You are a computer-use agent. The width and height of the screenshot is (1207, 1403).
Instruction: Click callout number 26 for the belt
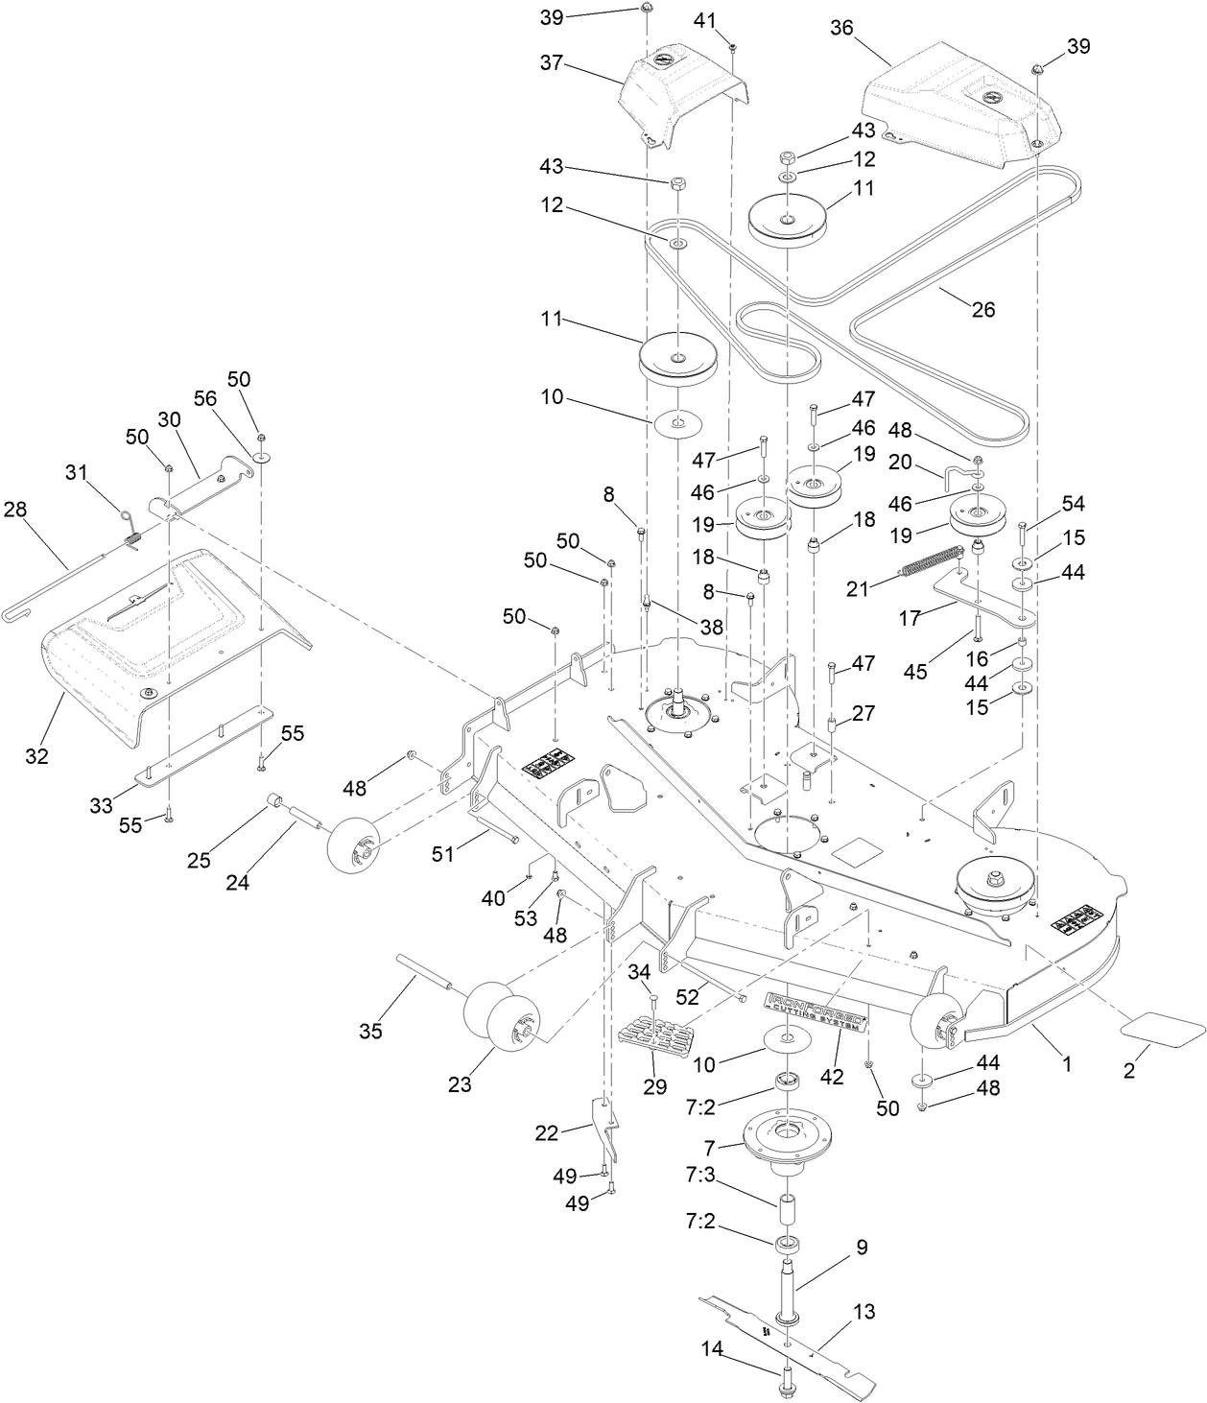[983, 309]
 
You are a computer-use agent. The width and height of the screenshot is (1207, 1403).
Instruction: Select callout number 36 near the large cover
[841, 29]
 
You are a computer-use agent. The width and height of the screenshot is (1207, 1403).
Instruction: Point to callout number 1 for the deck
[1065, 1064]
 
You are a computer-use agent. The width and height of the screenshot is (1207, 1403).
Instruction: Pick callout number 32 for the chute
[36, 756]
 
